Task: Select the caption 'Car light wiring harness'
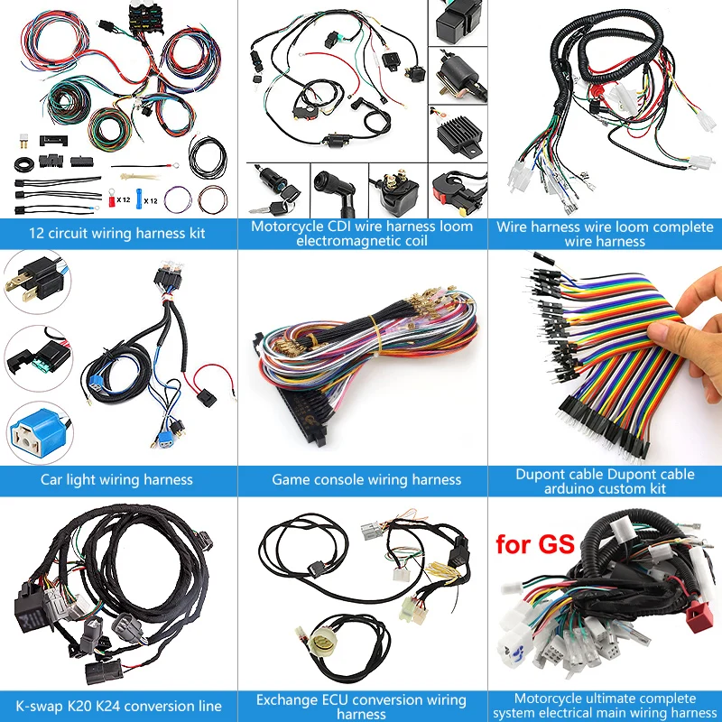(x=116, y=479)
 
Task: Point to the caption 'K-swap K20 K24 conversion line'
(x=118, y=705)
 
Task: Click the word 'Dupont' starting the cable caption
(x=541, y=475)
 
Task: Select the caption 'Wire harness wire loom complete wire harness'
(x=605, y=234)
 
